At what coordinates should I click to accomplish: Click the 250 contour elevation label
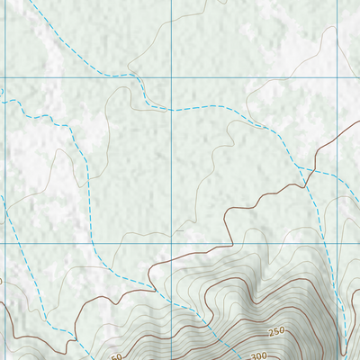276,331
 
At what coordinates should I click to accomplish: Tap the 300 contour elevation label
259,356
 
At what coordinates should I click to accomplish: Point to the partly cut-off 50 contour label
117,356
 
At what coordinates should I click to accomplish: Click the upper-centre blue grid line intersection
171,78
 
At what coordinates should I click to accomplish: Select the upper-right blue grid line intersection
337,78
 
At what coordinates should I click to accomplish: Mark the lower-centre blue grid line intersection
171,244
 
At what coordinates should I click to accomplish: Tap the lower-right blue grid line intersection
337,244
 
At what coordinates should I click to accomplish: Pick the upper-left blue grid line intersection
5,78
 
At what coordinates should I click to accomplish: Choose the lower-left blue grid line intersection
5,244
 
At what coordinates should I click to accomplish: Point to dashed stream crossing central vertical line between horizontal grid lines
171,108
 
